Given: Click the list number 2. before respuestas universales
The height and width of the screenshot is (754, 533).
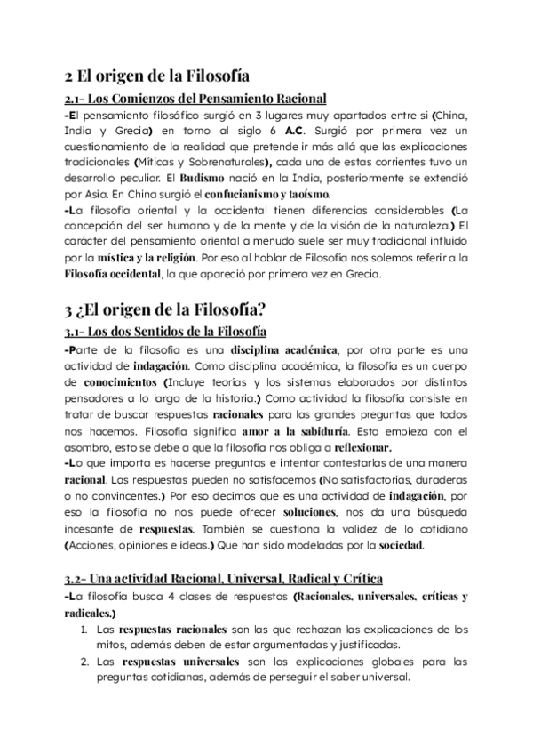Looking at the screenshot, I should click(83, 662).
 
